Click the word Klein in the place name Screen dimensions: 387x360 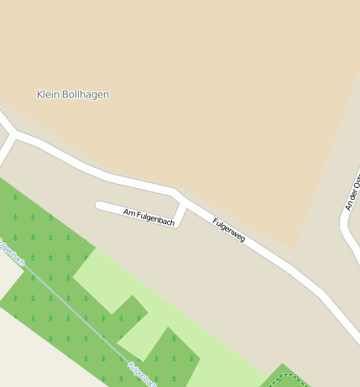click(49, 95)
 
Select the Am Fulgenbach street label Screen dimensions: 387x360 click(149, 217)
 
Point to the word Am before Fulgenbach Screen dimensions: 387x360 click(129, 212)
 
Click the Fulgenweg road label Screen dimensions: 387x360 click(228, 230)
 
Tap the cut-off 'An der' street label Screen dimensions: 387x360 click(352, 193)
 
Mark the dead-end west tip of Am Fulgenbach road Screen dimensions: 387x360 click(99, 204)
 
